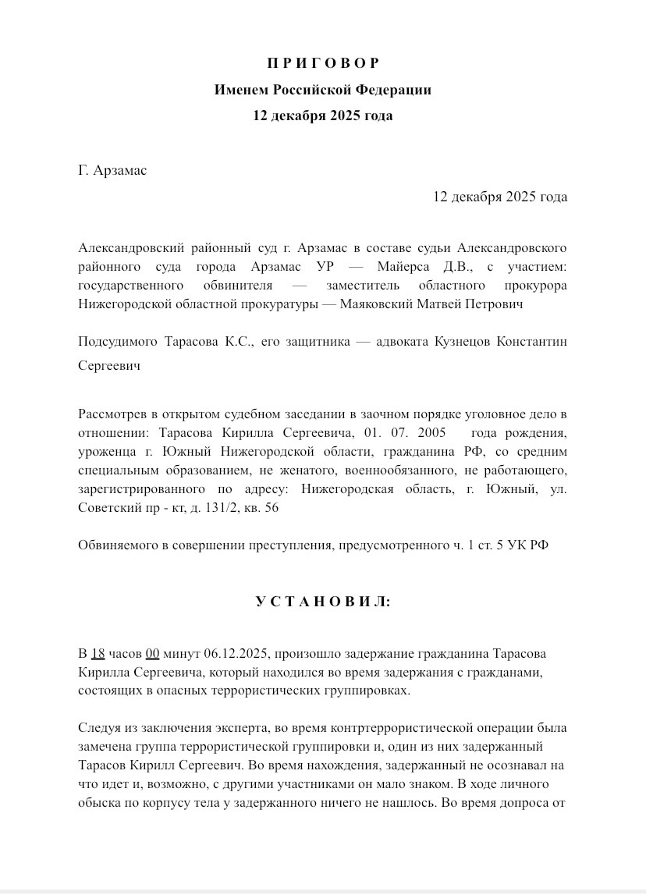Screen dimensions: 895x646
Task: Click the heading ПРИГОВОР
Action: coord(322,63)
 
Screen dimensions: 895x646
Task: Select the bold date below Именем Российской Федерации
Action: coord(322,115)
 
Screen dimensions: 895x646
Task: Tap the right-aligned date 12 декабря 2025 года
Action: coord(500,197)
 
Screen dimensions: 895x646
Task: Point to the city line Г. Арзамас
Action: coord(112,170)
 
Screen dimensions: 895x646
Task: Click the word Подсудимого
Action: coord(118,343)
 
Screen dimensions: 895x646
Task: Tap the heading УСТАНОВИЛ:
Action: coord(322,602)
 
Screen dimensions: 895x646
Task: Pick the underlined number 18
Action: coord(98,653)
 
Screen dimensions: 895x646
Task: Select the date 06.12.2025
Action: coord(235,653)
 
